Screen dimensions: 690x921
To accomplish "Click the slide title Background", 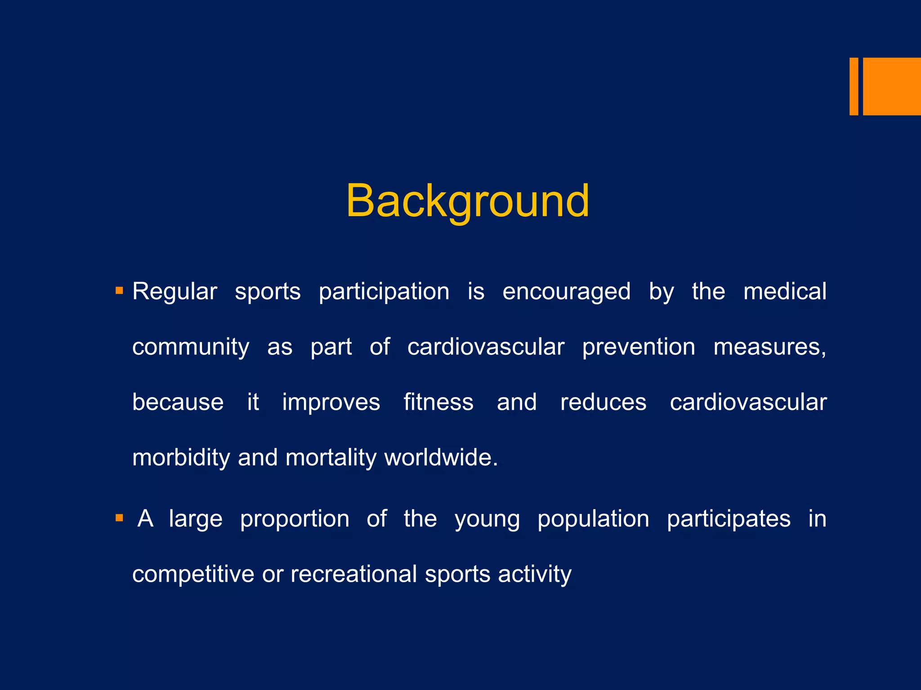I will tap(467, 201).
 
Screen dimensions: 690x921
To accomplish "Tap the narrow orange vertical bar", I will tap(854, 86).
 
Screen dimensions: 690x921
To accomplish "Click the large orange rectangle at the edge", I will tap(891, 86).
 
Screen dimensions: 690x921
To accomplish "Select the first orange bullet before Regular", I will tap(119, 291).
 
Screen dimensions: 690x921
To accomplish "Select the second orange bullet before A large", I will tap(119, 518).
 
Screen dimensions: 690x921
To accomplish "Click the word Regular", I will tap(174, 292).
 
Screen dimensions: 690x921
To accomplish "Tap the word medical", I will tap(784, 292).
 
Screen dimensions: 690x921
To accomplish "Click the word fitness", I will tap(438, 402).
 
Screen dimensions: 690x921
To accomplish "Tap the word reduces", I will tap(603, 402).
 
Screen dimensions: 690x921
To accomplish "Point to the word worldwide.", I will tap(441, 458).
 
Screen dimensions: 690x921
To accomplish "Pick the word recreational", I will tap(353, 575).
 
